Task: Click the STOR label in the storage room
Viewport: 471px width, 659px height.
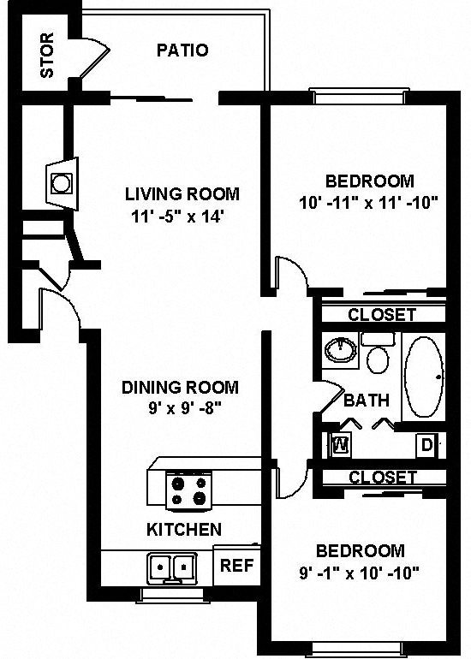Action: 47,55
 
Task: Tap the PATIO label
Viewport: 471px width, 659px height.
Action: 182,50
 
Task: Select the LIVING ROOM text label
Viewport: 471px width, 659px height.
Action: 182,193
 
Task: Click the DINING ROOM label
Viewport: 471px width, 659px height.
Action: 179,387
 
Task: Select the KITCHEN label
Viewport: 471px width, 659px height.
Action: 184,530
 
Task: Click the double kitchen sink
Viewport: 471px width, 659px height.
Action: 172,566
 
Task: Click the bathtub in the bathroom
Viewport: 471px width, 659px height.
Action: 424,377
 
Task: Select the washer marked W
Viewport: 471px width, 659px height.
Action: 339,445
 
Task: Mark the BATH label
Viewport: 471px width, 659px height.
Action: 367,400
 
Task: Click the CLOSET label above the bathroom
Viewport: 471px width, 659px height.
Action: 381,315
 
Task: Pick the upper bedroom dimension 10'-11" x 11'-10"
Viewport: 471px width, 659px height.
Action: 369,203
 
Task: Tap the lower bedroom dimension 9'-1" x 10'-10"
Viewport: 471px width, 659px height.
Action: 359,573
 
